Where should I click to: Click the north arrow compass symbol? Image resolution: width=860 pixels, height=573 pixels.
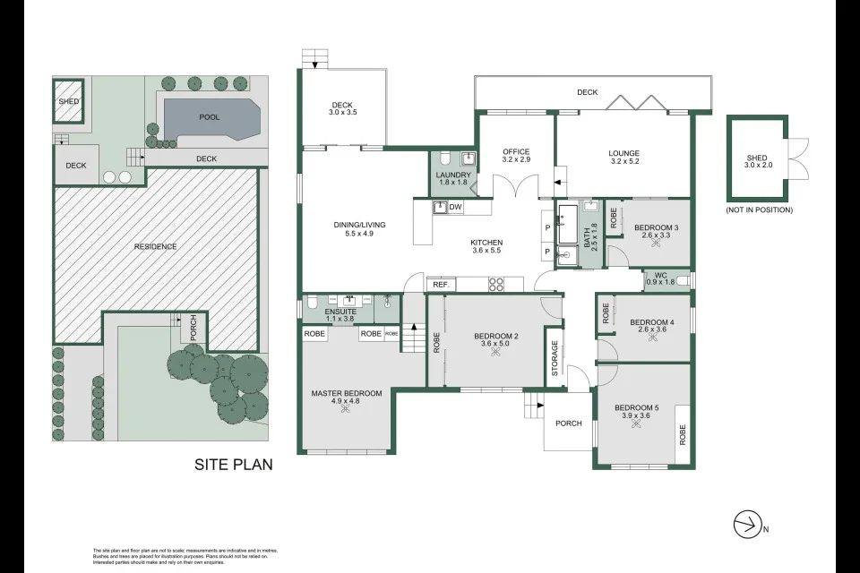click(747, 524)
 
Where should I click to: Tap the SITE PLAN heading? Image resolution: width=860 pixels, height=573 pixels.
click(234, 465)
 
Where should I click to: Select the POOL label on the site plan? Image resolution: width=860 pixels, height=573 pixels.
click(209, 117)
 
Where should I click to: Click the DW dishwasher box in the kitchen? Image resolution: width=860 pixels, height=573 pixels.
click(455, 208)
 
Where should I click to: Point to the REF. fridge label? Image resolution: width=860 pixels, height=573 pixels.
click(441, 284)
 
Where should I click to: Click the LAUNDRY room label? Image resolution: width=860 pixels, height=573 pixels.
click(452, 175)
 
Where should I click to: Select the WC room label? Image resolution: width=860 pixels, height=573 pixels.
click(660, 275)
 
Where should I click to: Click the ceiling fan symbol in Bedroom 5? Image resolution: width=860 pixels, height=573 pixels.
click(636, 424)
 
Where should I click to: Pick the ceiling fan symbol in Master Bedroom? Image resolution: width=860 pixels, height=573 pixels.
click(346, 409)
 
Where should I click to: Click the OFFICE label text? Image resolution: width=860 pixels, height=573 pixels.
click(516, 151)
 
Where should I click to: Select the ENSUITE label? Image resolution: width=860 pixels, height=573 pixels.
click(341, 310)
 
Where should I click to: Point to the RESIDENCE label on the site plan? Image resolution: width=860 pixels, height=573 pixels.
click(155, 246)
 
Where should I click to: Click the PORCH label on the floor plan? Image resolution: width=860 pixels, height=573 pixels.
click(568, 423)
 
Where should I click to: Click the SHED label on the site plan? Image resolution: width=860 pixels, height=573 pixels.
click(69, 101)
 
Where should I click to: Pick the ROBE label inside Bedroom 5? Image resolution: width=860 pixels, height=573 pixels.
click(683, 435)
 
